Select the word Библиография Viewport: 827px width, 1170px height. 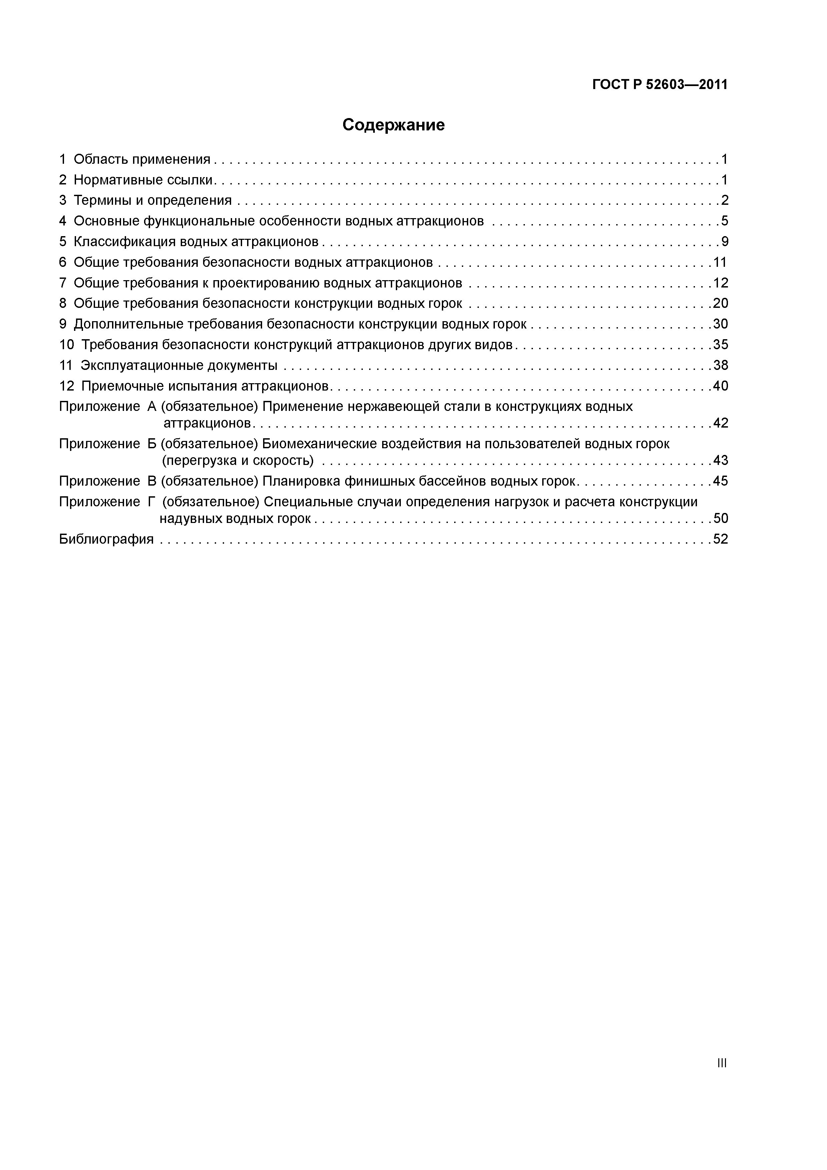point(106,539)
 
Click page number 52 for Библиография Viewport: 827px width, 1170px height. point(721,539)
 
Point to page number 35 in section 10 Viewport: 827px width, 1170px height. point(721,345)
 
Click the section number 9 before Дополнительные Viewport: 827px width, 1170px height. point(63,324)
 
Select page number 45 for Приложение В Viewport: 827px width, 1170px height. point(721,481)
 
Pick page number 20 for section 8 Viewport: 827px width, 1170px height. point(721,304)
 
